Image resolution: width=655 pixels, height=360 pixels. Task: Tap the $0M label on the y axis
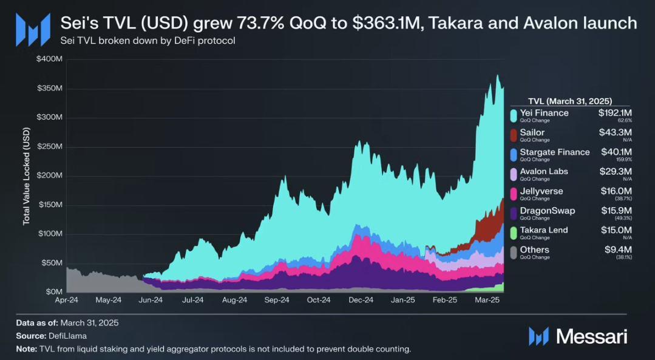tap(53, 292)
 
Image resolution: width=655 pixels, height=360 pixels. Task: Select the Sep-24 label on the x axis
tap(276, 300)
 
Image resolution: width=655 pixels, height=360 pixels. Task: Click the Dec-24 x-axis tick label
tap(361, 300)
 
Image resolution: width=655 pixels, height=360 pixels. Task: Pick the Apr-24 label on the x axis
tap(66, 300)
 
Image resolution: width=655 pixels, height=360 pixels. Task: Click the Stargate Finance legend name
tap(555, 152)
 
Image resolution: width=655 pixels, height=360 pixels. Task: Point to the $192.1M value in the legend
tap(615, 113)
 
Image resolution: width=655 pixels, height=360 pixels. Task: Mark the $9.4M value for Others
tap(620, 250)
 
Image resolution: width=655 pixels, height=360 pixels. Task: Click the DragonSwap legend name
tap(548, 211)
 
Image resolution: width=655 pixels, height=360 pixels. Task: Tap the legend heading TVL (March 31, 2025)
tap(570, 101)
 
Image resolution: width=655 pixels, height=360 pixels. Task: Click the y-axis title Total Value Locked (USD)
tap(27, 176)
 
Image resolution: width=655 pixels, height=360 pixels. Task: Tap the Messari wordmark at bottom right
tap(591, 336)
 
